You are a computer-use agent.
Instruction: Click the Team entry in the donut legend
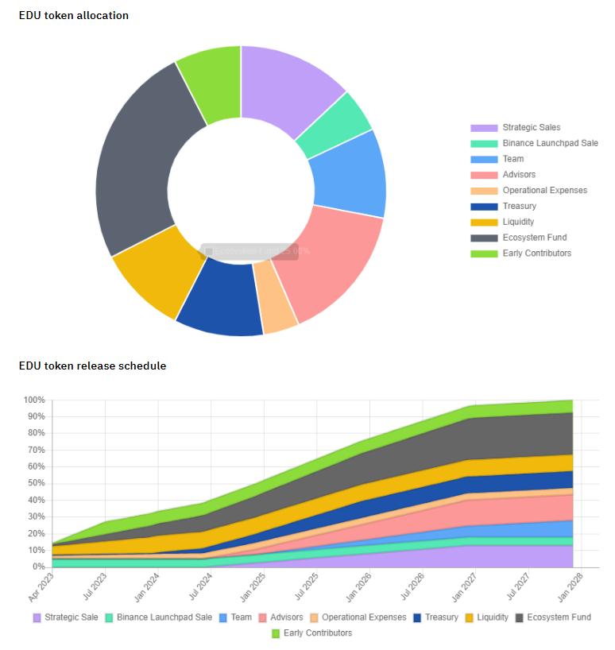512,159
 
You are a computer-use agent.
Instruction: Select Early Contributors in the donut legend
536,253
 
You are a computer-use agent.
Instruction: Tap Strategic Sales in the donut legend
531,127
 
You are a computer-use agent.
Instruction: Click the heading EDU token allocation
74,15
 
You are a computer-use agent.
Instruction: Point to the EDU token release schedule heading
93,366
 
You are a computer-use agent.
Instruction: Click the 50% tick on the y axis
35,483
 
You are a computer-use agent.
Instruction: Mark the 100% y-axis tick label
33,400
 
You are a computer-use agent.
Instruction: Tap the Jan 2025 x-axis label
253,586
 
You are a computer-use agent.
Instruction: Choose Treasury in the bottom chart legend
441,617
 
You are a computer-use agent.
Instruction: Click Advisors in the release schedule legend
286,617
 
